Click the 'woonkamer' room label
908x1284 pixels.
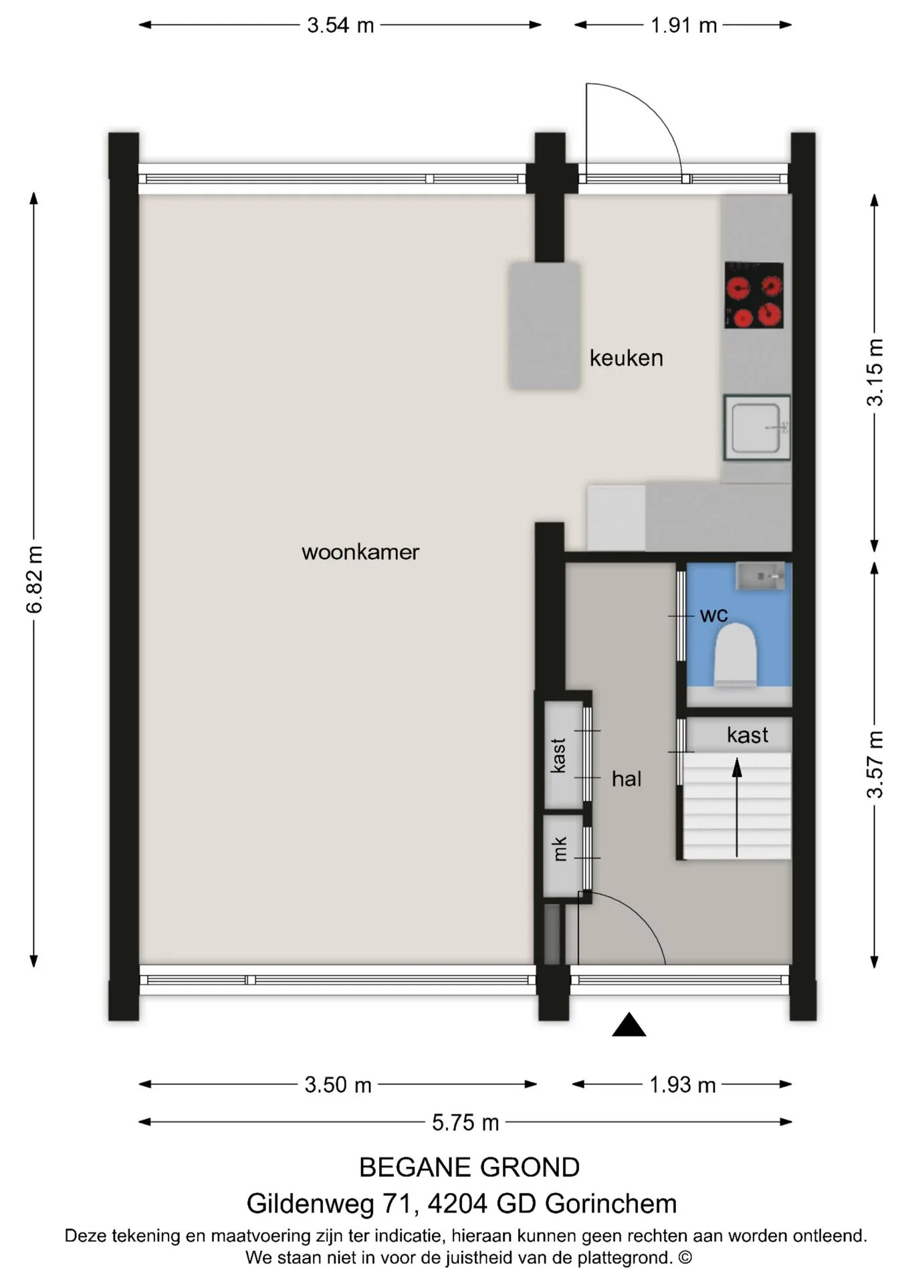tap(360, 552)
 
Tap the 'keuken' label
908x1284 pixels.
tap(627, 358)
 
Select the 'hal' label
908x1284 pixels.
tap(627, 778)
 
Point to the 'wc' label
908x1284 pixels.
tap(713, 615)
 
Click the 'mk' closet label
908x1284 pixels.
tap(560, 849)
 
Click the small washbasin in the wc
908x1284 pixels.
tap(760, 576)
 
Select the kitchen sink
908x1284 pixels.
tap(757, 427)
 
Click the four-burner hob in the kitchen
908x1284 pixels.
tap(754, 295)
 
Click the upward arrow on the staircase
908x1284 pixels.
tap(737, 807)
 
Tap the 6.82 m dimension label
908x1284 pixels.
tap(34, 579)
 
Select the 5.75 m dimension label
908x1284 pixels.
tap(465, 1122)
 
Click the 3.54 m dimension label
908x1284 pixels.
tap(340, 25)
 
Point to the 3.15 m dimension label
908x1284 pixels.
tap(875, 372)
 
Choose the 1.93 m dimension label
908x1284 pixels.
tap(683, 1085)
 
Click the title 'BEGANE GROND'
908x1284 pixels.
tap(469, 1168)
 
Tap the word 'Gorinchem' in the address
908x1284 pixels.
tap(610, 1204)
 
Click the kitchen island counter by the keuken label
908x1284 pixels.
tap(544, 326)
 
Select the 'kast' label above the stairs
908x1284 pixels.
tap(748, 735)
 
